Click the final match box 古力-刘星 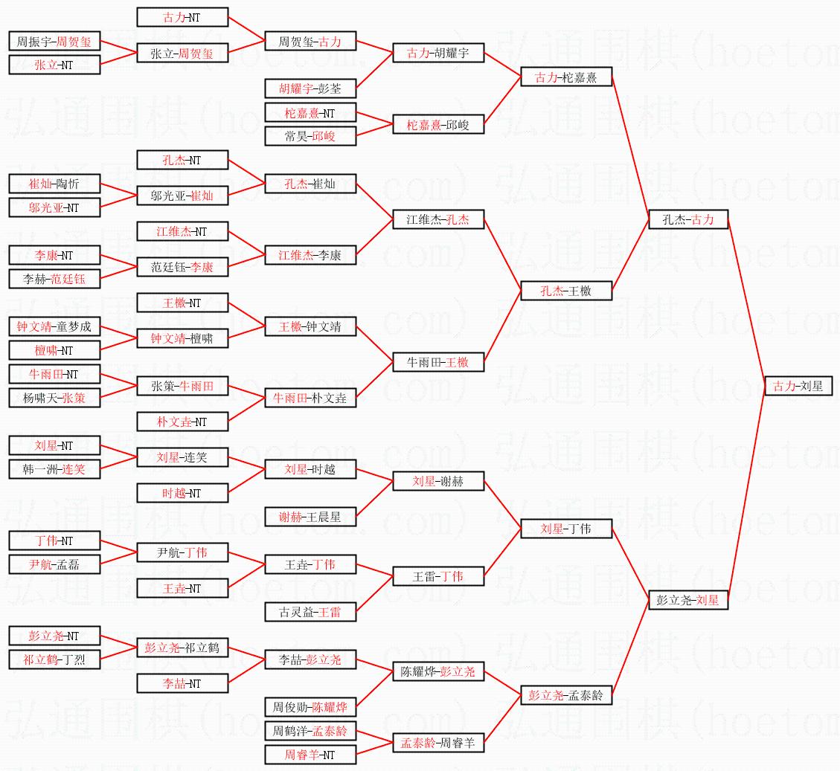(799, 386)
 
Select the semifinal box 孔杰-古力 (687, 219)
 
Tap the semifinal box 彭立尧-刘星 (687, 600)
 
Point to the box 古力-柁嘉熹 (565, 77)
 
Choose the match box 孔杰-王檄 (565, 291)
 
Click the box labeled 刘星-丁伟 (565, 529)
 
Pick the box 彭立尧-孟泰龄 (565, 695)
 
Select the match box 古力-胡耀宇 (438, 53)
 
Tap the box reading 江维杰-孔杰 (438, 219)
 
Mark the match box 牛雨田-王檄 (438, 362)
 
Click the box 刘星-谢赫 (438, 481)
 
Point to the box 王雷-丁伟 (438, 576)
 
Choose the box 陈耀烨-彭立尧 (438, 671)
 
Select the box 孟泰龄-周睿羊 (438, 743)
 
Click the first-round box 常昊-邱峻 (310, 136)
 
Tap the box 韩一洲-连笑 (54, 469)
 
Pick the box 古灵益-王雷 (310, 612)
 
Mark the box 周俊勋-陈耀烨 (310, 707)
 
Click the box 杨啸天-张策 (54, 398)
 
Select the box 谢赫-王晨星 (310, 517)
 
